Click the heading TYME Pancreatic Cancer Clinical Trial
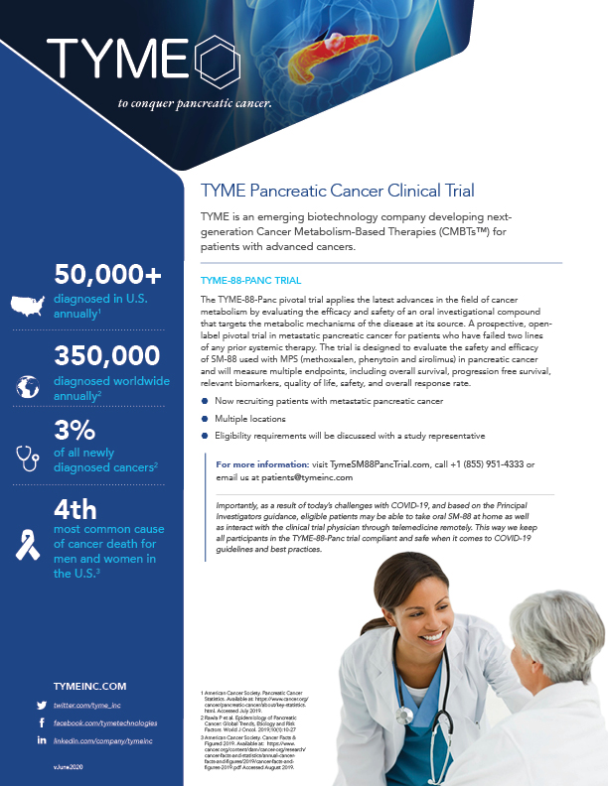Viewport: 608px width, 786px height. pos(337,190)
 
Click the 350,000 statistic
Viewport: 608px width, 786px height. pos(106,356)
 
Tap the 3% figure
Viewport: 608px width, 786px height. pos(76,432)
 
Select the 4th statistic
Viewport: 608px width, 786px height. pos(76,510)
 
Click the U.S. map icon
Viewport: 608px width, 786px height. pos(27,304)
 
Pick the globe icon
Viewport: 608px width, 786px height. pos(27,384)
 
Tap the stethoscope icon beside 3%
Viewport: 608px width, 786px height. pos(27,456)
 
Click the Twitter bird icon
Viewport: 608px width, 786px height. pos(42,705)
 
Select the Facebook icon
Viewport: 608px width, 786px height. pos(42,723)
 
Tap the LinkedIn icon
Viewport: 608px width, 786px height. pos(42,741)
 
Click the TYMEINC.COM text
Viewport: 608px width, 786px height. pos(90,685)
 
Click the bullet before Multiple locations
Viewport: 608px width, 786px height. pos(205,420)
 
